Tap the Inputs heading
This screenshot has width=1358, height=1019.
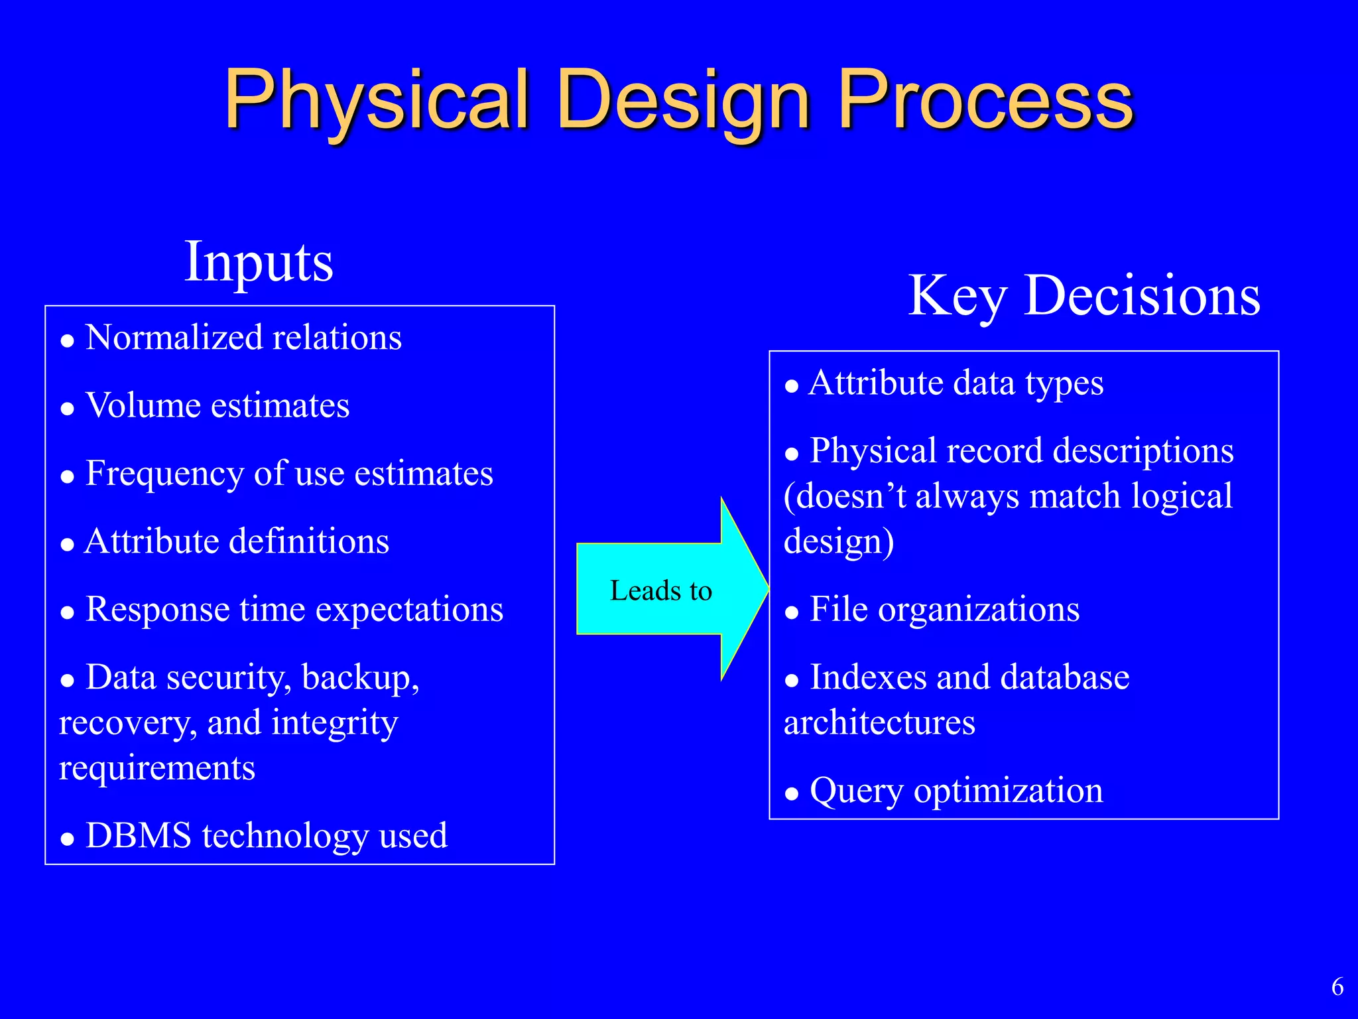259,261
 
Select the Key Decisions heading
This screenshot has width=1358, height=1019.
1083,295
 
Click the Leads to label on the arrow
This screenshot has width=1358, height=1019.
660,590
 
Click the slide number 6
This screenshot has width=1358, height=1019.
1337,986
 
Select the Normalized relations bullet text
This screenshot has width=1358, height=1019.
243,337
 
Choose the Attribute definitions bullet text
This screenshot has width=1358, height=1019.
237,541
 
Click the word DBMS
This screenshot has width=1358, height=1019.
139,835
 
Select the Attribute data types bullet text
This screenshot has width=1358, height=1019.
956,383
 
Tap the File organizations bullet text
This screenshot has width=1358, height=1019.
944,608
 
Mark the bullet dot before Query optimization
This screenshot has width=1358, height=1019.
791,793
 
